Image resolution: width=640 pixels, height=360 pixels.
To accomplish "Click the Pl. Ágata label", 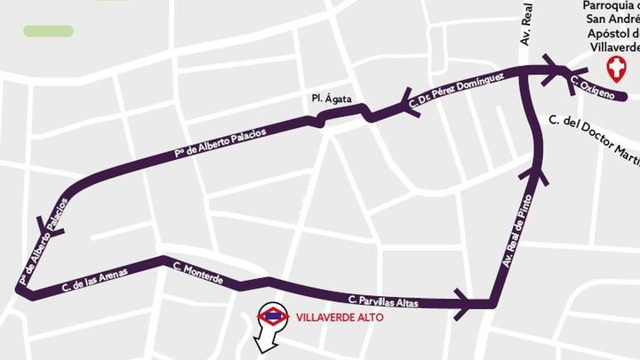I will [326, 99].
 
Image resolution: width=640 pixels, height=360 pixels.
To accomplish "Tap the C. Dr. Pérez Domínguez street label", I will [458, 92].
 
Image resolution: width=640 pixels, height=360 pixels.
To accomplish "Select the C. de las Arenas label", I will [90, 277].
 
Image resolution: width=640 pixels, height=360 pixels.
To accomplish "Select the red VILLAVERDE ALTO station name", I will [328, 316].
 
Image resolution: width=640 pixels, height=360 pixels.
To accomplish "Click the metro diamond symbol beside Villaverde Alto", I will [272, 316].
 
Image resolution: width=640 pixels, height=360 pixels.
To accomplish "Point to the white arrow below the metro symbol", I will [266, 342].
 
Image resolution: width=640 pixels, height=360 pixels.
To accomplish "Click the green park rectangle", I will [48, 30].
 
